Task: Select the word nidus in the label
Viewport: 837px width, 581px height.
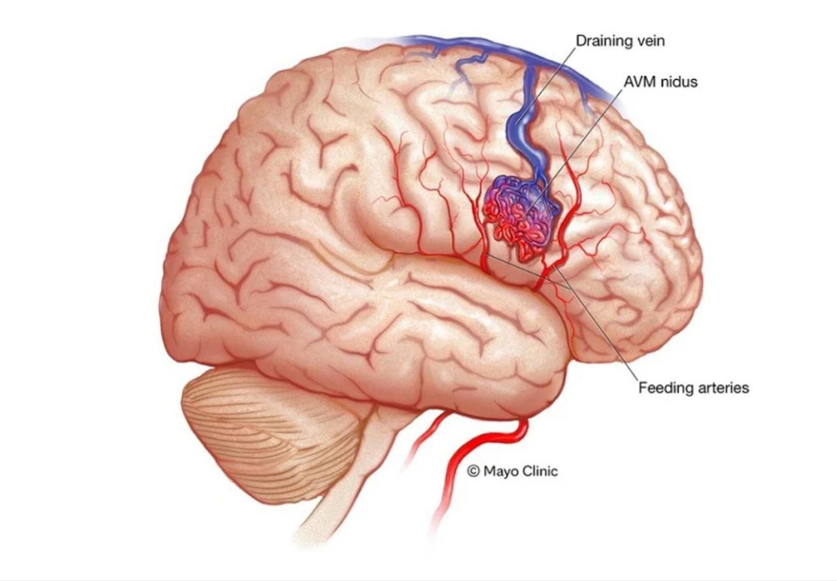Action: coord(679,82)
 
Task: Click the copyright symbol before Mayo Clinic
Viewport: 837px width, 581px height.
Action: coord(473,471)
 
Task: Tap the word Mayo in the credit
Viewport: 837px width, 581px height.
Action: coord(500,472)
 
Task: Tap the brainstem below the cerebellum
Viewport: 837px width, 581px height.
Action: coord(355,478)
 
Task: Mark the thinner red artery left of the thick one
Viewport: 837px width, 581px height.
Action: coord(426,441)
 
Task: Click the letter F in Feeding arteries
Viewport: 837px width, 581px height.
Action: coord(643,388)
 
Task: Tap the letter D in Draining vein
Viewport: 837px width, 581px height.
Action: coord(581,41)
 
